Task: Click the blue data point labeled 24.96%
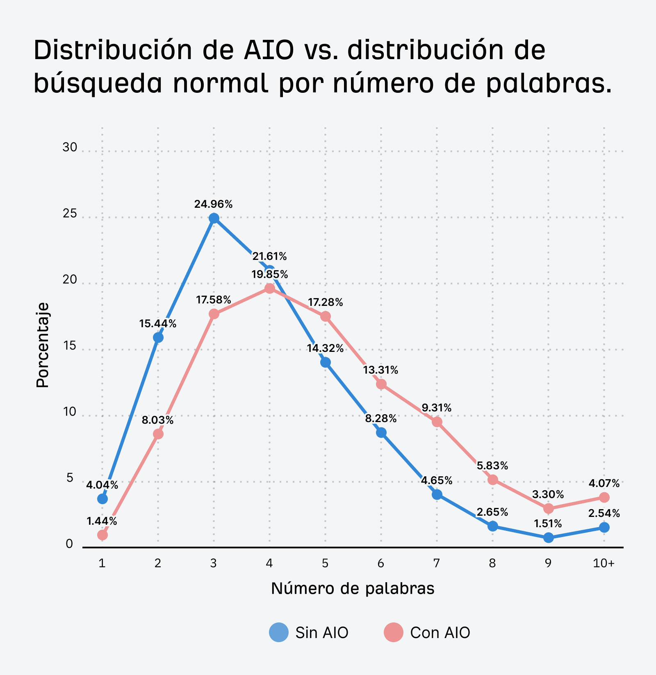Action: pyautogui.click(x=214, y=218)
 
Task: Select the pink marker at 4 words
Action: pyautogui.click(x=269, y=288)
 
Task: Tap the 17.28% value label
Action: pyautogui.click(x=325, y=303)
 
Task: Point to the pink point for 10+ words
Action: pyautogui.click(x=604, y=497)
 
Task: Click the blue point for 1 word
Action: pyautogui.click(x=102, y=499)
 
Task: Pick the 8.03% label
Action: pyautogui.click(x=158, y=420)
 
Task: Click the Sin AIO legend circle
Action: pyautogui.click(x=279, y=632)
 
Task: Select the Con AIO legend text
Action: pyautogui.click(x=440, y=633)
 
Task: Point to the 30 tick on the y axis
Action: pyautogui.click(x=70, y=147)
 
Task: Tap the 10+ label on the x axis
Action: pyautogui.click(x=604, y=563)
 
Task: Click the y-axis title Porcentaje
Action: pyautogui.click(x=42, y=345)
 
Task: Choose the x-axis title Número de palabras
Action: pyautogui.click(x=353, y=588)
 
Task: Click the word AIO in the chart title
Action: pyautogui.click(x=269, y=50)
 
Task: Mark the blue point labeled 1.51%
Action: pyautogui.click(x=548, y=537)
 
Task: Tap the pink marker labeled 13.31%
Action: pyautogui.click(x=381, y=384)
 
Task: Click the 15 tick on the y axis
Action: pyautogui.click(x=70, y=346)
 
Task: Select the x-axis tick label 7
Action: pyautogui.click(x=437, y=563)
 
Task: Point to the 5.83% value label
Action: pyautogui.click(x=492, y=466)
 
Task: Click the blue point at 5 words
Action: pyautogui.click(x=325, y=362)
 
